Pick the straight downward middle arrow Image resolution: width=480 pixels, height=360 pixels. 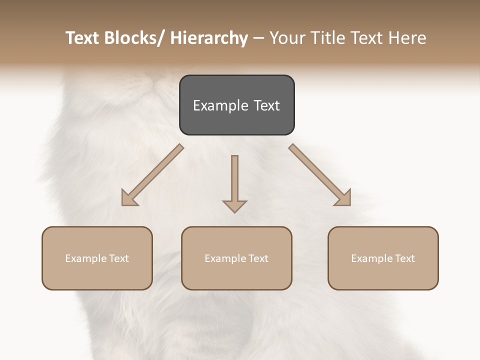[234, 180]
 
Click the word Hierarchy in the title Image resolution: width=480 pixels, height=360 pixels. [209, 38]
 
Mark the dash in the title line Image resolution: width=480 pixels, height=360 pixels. [258, 38]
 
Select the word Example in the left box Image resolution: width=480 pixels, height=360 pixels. [85, 258]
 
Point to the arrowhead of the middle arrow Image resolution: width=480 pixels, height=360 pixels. [234, 205]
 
